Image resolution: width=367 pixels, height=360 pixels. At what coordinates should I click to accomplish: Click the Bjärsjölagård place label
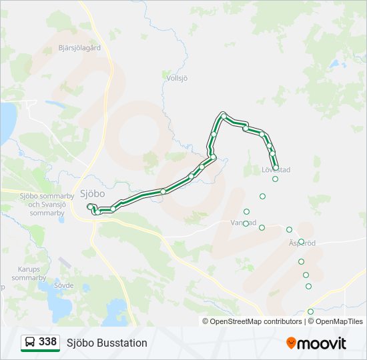click(x=79, y=48)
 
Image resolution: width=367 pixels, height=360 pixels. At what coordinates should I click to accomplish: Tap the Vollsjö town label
click(x=177, y=78)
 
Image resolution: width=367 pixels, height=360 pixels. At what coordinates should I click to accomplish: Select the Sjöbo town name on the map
click(x=92, y=193)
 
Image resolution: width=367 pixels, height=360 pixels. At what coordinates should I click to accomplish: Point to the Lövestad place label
click(x=276, y=170)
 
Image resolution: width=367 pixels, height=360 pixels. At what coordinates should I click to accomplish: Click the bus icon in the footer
click(x=29, y=343)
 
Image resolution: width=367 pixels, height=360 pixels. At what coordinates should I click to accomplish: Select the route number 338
click(x=47, y=342)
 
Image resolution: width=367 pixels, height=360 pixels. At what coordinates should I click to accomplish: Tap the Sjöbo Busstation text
click(x=107, y=343)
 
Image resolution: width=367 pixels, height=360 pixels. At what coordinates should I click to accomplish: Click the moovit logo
click(x=316, y=343)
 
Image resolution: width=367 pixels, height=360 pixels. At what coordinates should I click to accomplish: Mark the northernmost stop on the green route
click(x=224, y=115)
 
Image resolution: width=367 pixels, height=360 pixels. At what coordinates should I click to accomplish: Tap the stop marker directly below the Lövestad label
click(x=275, y=179)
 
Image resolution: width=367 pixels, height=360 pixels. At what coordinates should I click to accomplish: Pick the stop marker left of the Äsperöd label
click(x=290, y=229)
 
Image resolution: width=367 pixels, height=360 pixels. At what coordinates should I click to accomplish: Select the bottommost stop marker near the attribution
click(x=310, y=311)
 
